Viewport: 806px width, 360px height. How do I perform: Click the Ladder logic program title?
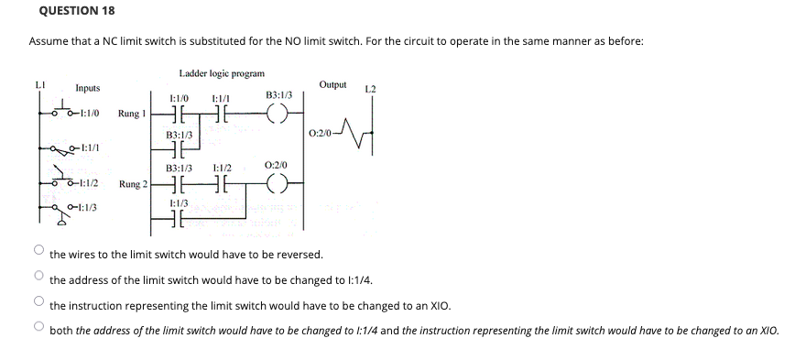(222, 72)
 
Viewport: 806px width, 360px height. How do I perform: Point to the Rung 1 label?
(132, 114)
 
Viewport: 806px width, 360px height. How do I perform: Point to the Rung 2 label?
(132, 184)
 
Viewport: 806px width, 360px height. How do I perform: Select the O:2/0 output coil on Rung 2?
(278, 184)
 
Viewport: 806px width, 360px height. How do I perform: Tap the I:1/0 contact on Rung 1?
(180, 115)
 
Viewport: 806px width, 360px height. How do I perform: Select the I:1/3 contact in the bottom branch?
(180, 219)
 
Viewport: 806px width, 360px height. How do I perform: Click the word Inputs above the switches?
(88, 88)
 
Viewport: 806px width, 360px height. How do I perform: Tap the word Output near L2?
(332, 84)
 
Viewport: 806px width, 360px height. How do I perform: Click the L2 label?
(370, 89)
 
